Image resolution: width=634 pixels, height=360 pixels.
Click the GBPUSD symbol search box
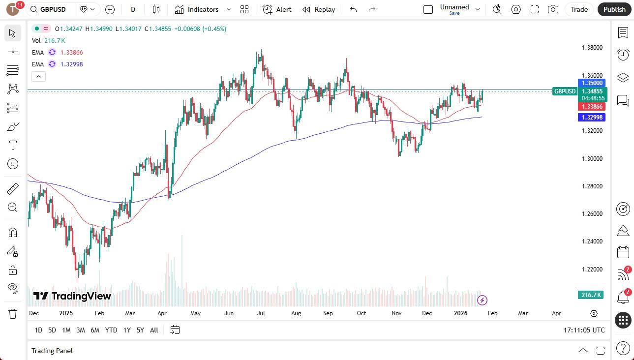(51, 9)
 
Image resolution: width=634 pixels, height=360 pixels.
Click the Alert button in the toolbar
(277, 9)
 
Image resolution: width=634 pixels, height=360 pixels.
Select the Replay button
(319, 9)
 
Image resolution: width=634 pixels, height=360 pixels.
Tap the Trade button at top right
(579, 9)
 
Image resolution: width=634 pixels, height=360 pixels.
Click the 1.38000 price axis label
(592, 48)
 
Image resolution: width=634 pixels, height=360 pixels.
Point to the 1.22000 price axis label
(592, 270)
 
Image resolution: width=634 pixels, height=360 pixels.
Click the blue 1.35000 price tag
(592, 83)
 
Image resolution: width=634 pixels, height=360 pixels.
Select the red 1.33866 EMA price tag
(592, 107)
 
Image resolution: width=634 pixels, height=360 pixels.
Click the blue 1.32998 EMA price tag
(592, 117)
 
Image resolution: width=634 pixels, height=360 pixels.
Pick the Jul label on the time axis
(261, 313)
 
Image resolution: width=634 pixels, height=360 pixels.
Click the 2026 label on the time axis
(460, 313)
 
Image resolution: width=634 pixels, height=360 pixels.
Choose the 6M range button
(95, 330)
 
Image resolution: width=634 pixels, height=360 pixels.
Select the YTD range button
(111, 330)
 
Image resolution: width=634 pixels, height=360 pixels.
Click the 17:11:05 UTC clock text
(584, 330)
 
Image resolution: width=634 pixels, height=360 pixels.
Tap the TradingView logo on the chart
(72, 296)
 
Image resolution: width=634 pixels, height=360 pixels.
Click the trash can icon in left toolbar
(13, 313)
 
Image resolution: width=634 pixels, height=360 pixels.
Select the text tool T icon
(13, 145)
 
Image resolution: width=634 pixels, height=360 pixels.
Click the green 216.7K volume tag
(591, 295)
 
